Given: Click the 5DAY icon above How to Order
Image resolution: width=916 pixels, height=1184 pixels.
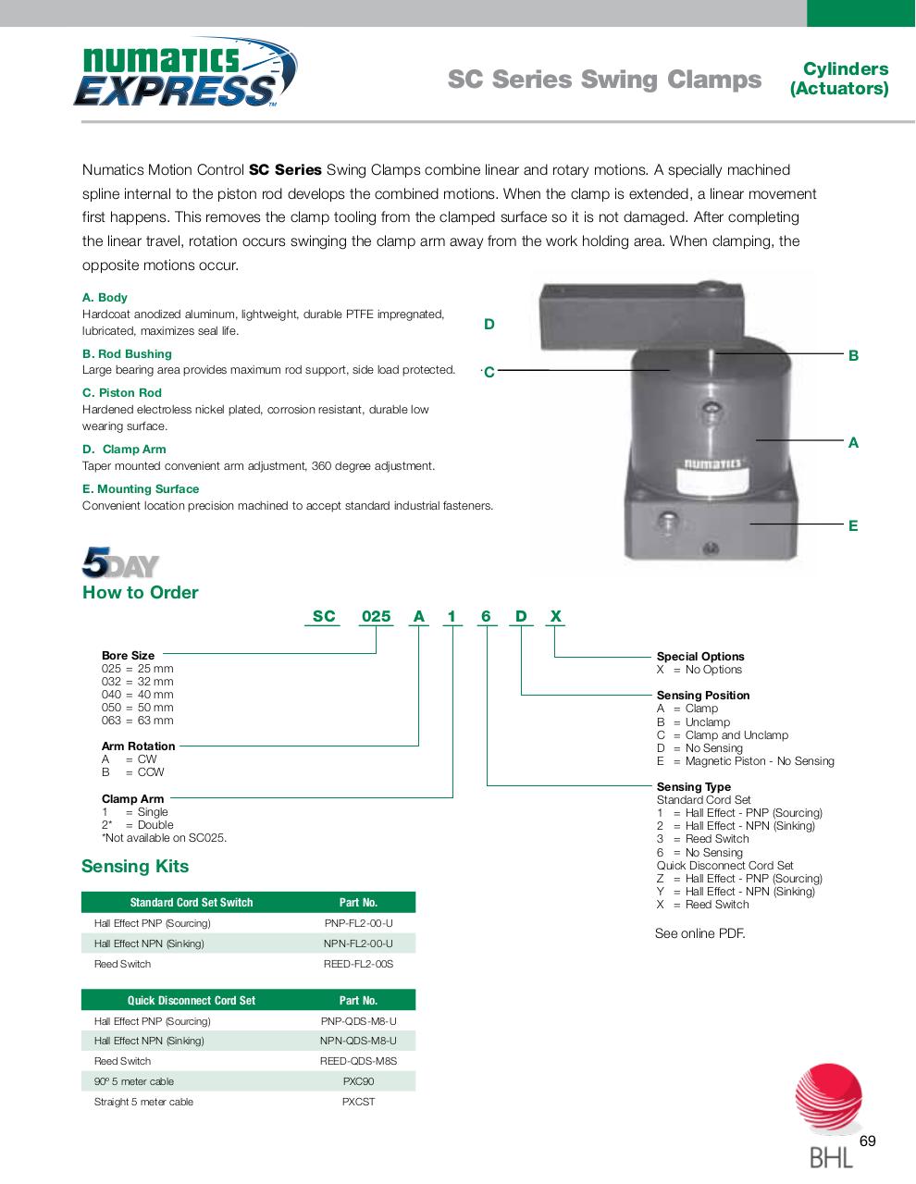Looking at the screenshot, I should pyautogui.click(x=120, y=563).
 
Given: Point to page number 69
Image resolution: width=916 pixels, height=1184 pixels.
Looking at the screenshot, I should pyautogui.click(x=867, y=1141).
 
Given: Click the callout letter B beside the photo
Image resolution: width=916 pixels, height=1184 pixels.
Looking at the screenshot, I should pyautogui.click(x=853, y=355).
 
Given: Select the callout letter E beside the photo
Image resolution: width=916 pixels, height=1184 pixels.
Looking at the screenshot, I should pyautogui.click(x=853, y=525).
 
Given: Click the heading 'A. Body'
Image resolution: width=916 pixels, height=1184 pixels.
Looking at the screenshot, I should pyautogui.click(x=105, y=298).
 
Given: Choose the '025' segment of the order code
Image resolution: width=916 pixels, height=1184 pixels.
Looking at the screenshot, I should pyautogui.click(x=376, y=616).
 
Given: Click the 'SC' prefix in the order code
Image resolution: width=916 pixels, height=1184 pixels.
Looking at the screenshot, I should pyautogui.click(x=324, y=616).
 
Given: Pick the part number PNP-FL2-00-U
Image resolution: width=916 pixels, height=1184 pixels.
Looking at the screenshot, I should pyautogui.click(x=358, y=923).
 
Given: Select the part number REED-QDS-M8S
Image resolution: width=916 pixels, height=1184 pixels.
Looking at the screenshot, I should pyautogui.click(x=358, y=1061).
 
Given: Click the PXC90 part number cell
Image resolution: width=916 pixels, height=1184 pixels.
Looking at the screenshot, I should pyautogui.click(x=358, y=1081).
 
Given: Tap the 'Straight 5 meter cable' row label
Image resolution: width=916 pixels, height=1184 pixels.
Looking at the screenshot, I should pyautogui.click(x=143, y=1102).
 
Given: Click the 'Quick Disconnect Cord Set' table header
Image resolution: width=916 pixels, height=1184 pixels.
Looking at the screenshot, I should pyautogui.click(x=191, y=1000).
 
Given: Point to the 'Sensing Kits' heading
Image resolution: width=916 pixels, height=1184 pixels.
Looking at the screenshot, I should pyautogui.click(x=135, y=867).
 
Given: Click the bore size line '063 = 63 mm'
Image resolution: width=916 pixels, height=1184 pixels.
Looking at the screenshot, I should pyautogui.click(x=137, y=721).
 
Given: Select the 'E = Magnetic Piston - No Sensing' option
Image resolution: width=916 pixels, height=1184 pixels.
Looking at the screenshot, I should pyautogui.click(x=746, y=761).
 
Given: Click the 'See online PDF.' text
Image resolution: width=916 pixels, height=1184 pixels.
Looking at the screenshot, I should pyautogui.click(x=699, y=933).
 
